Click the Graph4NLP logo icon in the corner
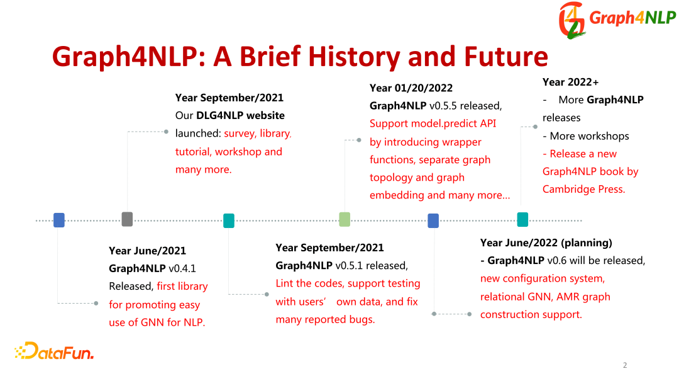572,20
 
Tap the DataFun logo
54,352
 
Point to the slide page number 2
624,365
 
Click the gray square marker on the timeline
127,219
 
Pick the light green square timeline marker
345,219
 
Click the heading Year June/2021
147,251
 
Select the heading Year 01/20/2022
411,88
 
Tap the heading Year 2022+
570,82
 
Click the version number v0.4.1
182,268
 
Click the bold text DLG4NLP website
240,115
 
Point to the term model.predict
440,123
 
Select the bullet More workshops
589,136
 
